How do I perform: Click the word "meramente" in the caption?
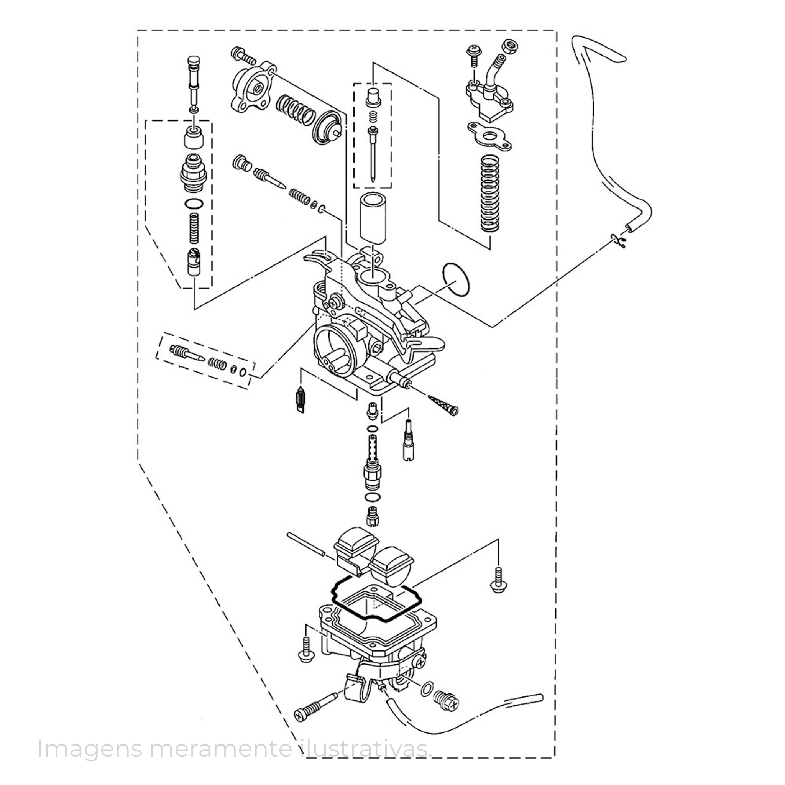coord(221,749)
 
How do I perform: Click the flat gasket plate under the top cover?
coord(489,136)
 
